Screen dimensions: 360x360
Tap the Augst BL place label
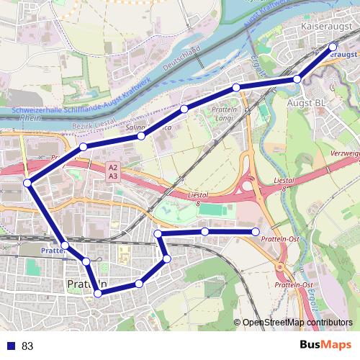coord(307,104)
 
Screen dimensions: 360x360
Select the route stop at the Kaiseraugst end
coord(333,48)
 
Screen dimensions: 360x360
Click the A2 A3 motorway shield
coord(113,171)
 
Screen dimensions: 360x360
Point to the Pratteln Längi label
coord(224,112)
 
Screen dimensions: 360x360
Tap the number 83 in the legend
coord(27,346)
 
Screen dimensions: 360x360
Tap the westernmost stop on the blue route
coord(27,183)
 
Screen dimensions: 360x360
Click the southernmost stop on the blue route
coord(96,292)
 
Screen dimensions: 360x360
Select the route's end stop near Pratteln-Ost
coord(256,231)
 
